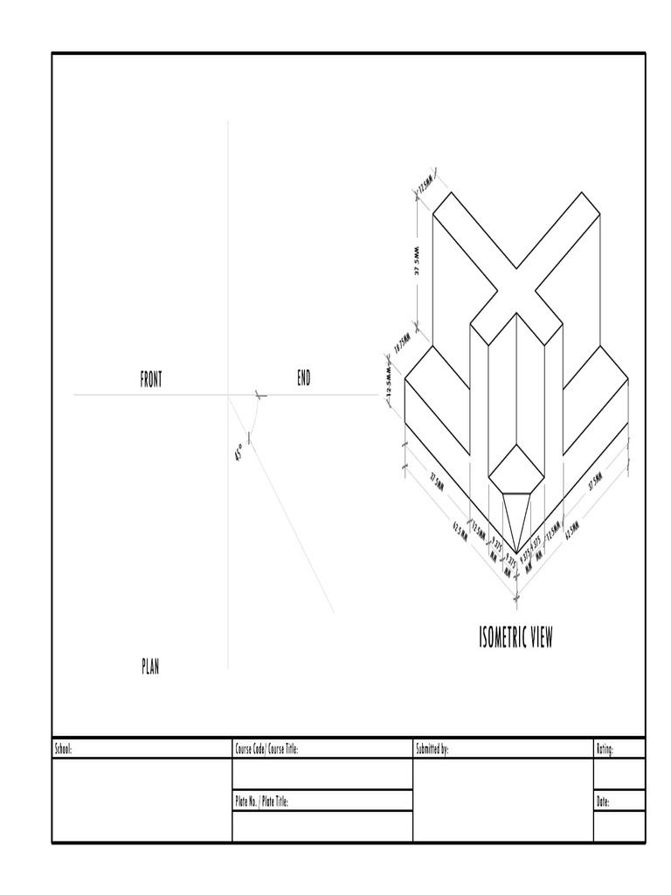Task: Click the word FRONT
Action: tap(151, 379)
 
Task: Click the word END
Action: tap(303, 378)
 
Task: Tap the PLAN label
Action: tap(150, 668)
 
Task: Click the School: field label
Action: tap(64, 749)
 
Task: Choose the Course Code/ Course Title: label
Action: tap(266, 749)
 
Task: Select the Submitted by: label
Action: tap(432, 749)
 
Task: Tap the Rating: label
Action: tap(605, 749)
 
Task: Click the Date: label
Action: tap(603, 801)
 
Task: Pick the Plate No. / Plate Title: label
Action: tap(261, 801)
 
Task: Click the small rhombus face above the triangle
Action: tap(515, 469)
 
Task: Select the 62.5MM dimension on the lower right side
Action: tap(572, 529)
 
